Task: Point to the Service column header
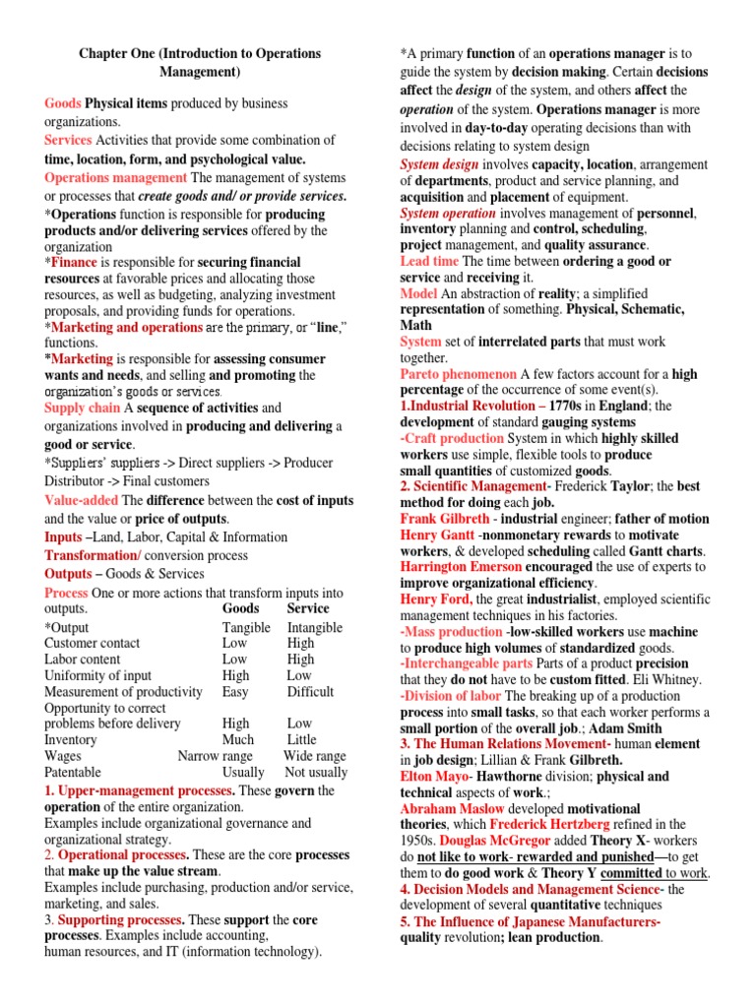point(308,608)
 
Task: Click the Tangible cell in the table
point(246,627)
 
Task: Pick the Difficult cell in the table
point(311,692)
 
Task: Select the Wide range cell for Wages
point(314,756)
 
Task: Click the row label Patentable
point(73,773)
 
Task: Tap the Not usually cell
point(315,773)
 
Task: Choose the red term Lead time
point(429,261)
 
